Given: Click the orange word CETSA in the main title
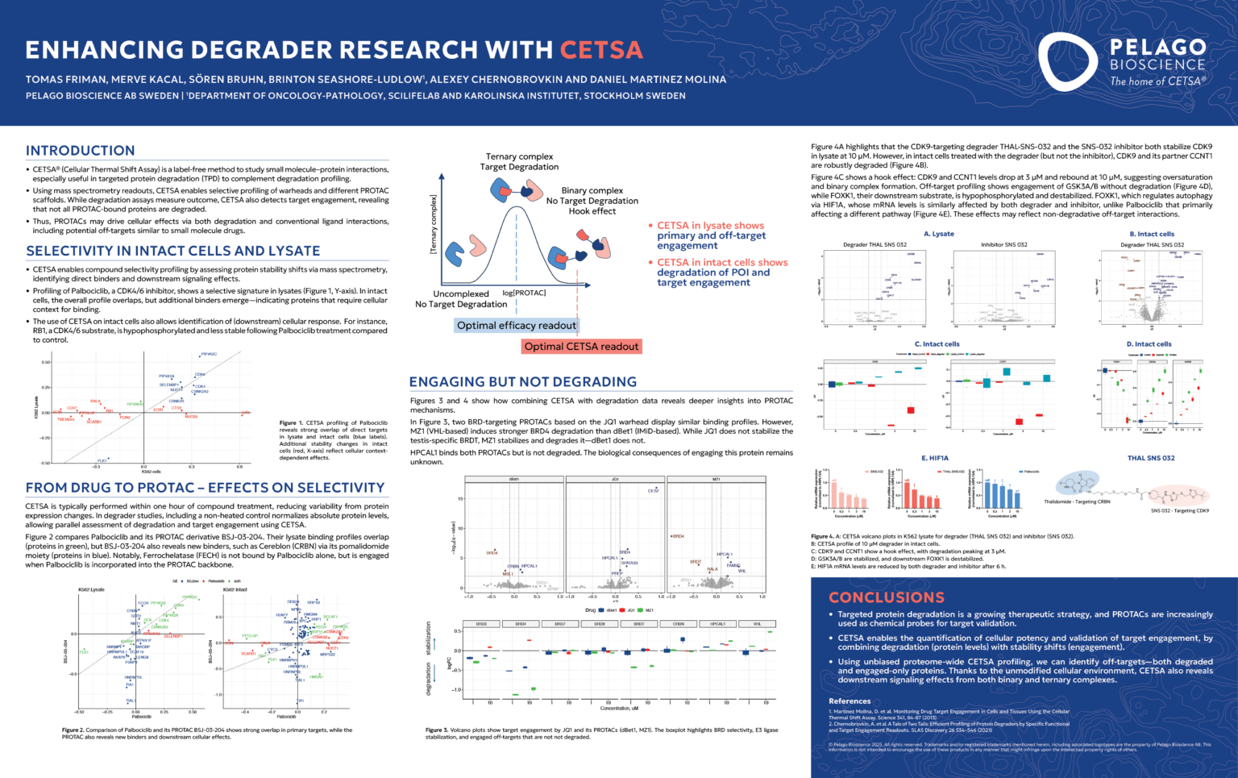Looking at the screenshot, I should [x=601, y=50].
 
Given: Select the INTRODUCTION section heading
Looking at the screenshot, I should [x=80, y=151].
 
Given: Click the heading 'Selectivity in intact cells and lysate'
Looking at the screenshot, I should [x=172, y=251].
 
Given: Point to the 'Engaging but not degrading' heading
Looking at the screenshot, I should [x=522, y=382].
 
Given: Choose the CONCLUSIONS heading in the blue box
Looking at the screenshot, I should [x=887, y=597].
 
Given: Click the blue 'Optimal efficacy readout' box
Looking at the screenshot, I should [x=517, y=326].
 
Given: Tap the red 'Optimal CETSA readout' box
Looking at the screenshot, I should [x=581, y=347].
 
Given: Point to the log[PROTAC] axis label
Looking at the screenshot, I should [x=524, y=293].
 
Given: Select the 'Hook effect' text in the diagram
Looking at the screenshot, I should [x=592, y=211].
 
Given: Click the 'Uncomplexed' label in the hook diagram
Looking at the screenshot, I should [x=461, y=294].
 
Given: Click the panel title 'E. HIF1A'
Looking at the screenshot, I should [x=935, y=458].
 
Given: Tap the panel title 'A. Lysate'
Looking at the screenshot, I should [x=938, y=234].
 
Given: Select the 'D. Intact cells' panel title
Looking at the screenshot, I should [x=1149, y=344].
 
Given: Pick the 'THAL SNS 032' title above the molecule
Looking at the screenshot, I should [x=1151, y=458].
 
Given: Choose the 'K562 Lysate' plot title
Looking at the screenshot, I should [x=91, y=589].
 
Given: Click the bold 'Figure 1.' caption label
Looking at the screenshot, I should [x=290, y=422].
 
